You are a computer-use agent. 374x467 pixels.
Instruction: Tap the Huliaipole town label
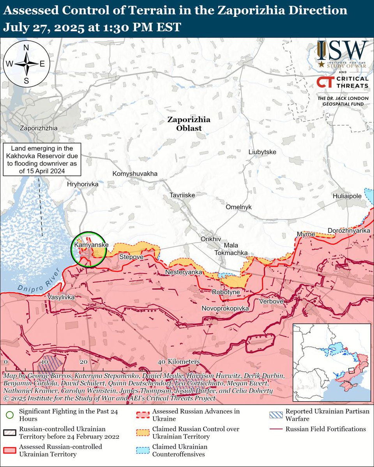[x=347, y=197]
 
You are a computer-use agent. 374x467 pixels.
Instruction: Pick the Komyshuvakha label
[x=135, y=174]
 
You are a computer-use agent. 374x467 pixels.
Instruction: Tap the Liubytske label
[x=262, y=152]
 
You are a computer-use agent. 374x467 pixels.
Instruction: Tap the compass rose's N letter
[x=26, y=48]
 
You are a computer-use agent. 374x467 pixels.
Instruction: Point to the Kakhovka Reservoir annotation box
[x=42, y=160]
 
